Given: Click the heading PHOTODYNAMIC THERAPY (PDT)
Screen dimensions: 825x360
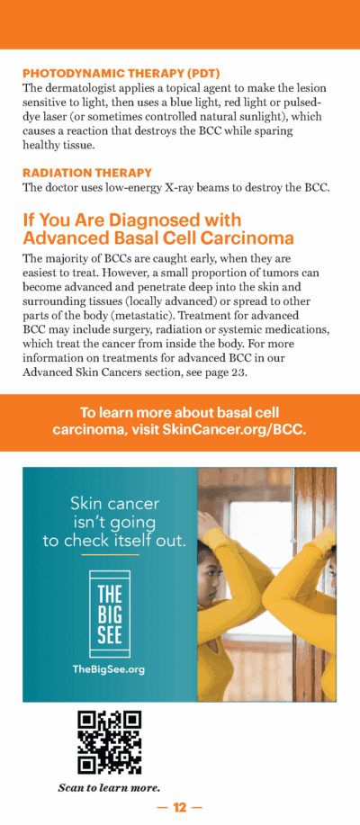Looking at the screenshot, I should (x=121, y=73).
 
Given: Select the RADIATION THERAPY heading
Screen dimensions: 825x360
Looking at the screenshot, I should (x=87, y=172).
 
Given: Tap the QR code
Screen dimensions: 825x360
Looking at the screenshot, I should (x=109, y=742).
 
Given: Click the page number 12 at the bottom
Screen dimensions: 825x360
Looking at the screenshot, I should (x=179, y=808).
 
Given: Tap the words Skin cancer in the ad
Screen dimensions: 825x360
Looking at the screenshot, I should (x=109, y=503).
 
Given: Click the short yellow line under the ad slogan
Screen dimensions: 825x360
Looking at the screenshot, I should (x=108, y=554).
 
